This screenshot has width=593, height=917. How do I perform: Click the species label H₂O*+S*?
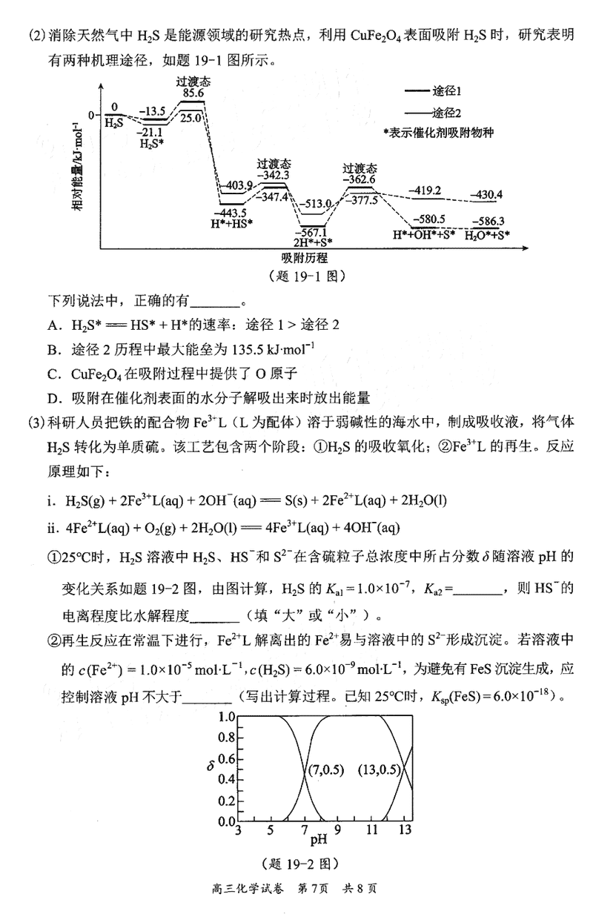pos(487,235)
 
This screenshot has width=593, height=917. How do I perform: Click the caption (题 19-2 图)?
pos(300,863)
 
